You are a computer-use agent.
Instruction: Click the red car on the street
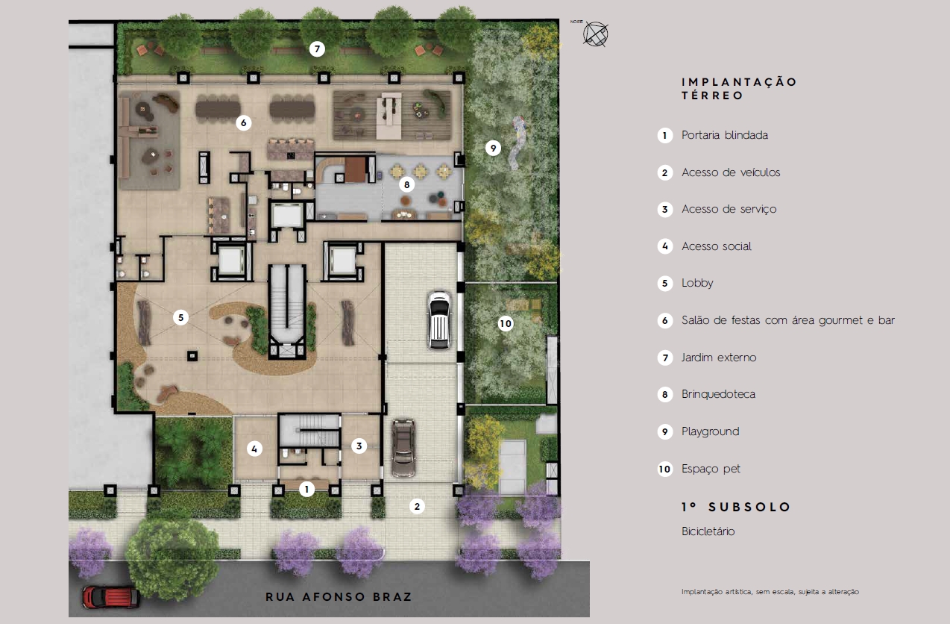pyautogui.click(x=110, y=597)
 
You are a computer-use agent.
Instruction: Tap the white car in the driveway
pyautogui.click(x=439, y=320)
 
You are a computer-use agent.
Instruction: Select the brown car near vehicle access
pyautogui.click(x=403, y=448)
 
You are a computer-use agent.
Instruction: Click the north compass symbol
pyautogui.click(x=596, y=34)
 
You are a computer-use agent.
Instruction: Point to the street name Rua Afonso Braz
pyautogui.click(x=339, y=597)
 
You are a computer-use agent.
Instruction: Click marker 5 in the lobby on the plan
pyautogui.click(x=180, y=317)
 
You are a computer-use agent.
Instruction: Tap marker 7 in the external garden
pyautogui.click(x=317, y=49)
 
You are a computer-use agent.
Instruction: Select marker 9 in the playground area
pyautogui.click(x=493, y=148)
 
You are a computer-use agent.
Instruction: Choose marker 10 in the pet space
pyautogui.click(x=505, y=324)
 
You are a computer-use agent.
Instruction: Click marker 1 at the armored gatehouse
pyautogui.click(x=306, y=489)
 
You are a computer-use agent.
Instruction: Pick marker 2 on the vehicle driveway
pyautogui.click(x=417, y=506)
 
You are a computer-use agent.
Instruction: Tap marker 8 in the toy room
pyautogui.click(x=406, y=184)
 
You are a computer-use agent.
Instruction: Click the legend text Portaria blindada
pyautogui.click(x=725, y=135)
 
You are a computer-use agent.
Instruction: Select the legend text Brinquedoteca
pyautogui.click(x=718, y=394)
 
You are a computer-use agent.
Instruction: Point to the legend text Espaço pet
pyautogui.click(x=711, y=469)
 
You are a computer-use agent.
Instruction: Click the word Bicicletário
pyautogui.click(x=708, y=531)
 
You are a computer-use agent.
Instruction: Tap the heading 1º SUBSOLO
pyautogui.click(x=736, y=507)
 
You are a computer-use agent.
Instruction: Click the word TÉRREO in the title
pyautogui.click(x=713, y=96)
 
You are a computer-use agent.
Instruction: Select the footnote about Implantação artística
pyautogui.click(x=770, y=592)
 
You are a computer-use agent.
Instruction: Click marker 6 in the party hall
pyautogui.click(x=243, y=123)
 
